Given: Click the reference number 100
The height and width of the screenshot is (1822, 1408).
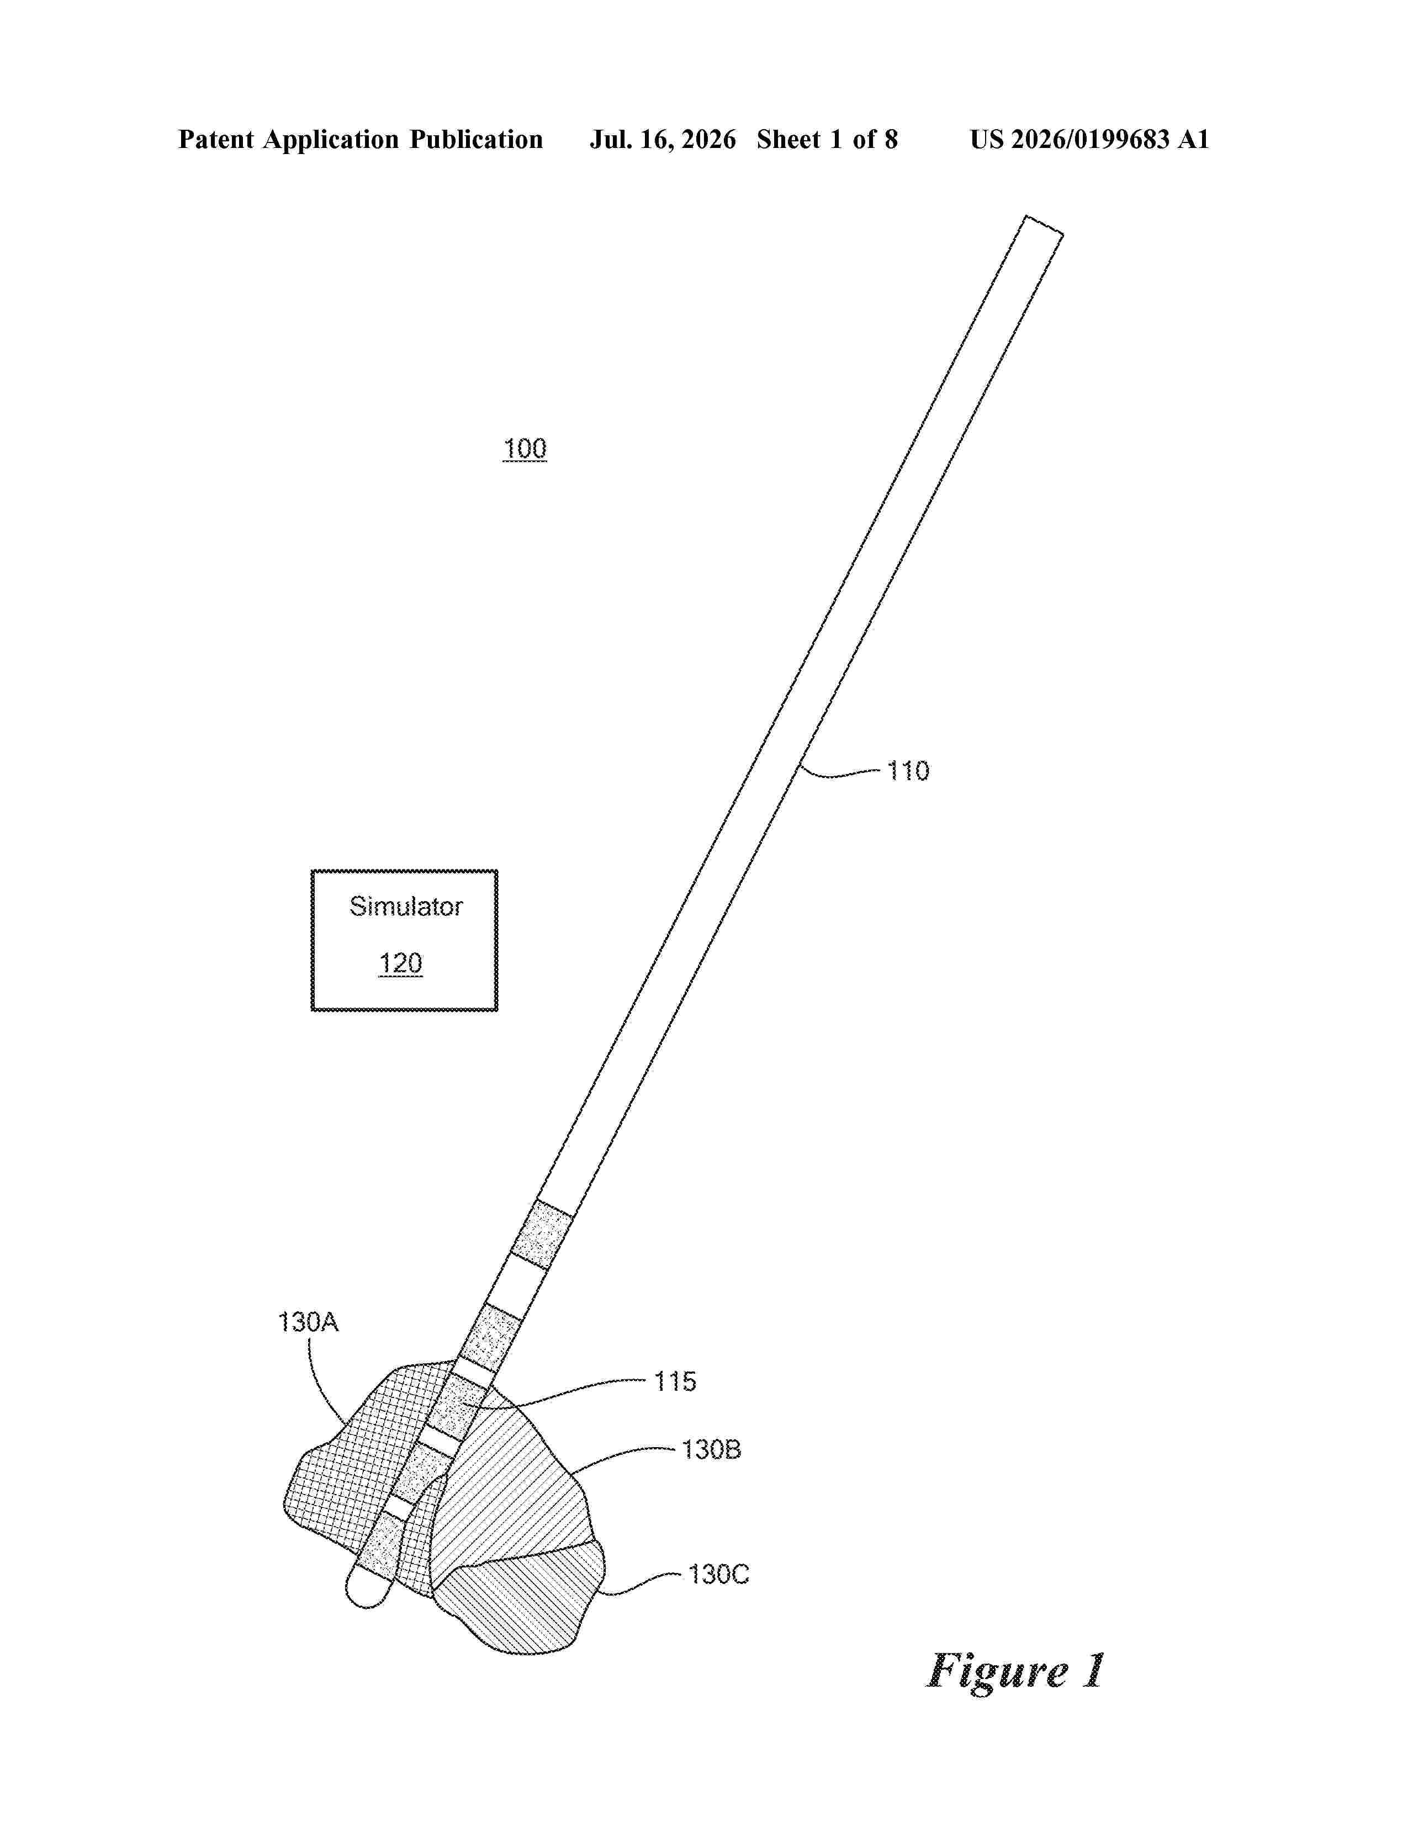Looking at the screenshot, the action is (x=525, y=449).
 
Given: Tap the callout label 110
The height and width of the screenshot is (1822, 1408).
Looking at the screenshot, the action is (x=908, y=770).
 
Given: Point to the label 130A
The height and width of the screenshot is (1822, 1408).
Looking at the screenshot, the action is (x=308, y=1322).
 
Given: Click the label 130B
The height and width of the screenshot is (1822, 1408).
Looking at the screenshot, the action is (x=711, y=1450).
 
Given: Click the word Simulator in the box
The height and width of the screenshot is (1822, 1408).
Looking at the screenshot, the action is (x=405, y=906).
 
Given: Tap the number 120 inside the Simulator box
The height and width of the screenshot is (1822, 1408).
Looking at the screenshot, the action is (x=400, y=963).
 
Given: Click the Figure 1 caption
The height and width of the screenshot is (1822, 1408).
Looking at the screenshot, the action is (x=1016, y=1671).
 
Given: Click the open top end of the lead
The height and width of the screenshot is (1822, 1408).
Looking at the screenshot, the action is (x=1044, y=225).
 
